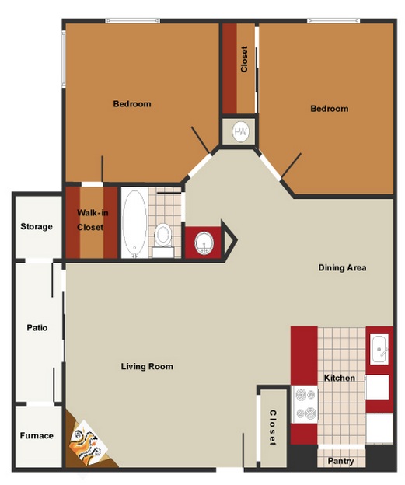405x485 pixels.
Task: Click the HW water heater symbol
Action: [x=240, y=132]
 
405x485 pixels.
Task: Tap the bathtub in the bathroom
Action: [x=134, y=224]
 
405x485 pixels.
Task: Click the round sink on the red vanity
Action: [x=204, y=242]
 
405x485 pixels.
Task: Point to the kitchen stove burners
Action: [x=305, y=404]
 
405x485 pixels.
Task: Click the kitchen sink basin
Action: [x=379, y=349]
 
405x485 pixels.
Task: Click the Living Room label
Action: [x=147, y=367]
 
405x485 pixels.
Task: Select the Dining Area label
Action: [x=342, y=268]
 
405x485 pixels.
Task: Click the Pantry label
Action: [x=340, y=461]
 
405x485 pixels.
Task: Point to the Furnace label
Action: [x=37, y=436]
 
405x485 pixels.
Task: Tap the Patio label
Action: [x=37, y=328]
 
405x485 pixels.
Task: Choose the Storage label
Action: [x=37, y=227]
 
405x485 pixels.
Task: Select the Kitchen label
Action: [x=340, y=378]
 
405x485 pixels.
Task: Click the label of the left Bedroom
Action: [x=132, y=104]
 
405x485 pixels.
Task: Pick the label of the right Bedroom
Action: [x=330, y=109]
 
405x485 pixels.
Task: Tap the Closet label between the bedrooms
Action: [x=244, y=59]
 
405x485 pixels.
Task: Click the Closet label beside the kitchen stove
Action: [x=273, y=427]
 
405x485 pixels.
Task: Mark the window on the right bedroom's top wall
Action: [x=333, y=21]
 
